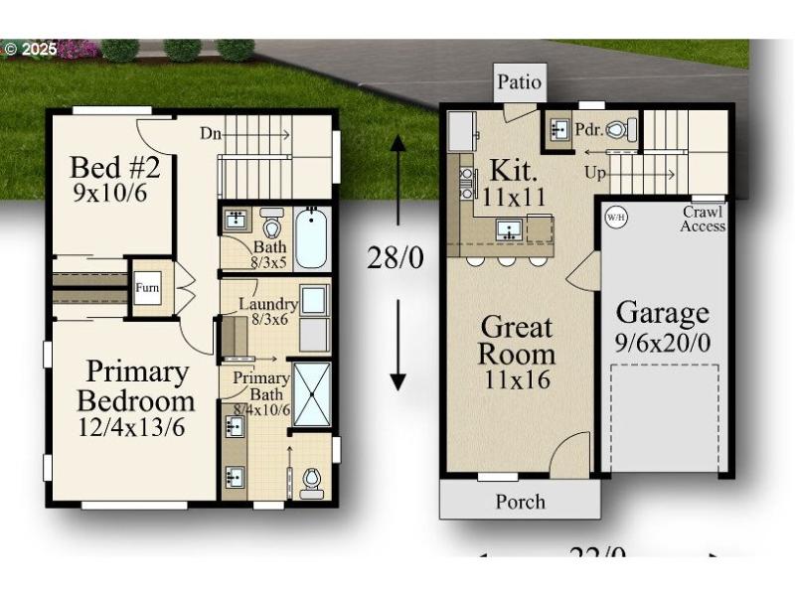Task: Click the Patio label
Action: tap(520, 81)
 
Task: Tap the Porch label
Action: tap(520, 502)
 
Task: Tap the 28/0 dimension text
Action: tap(396, 258)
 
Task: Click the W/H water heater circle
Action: tap(615, 216)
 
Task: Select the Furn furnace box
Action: tap(147, 288)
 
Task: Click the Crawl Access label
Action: tap(703, 220)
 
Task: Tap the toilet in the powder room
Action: tap(617, 129)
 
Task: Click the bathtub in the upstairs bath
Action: tap(311, 238)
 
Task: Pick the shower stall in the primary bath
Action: tap(312, 394)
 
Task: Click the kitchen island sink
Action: tap(509, 229)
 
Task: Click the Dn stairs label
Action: tap(211, 133)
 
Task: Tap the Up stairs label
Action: tap(595, 173)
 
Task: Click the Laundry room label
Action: tap(268, 310)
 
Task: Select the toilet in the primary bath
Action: tap(312, 481)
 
